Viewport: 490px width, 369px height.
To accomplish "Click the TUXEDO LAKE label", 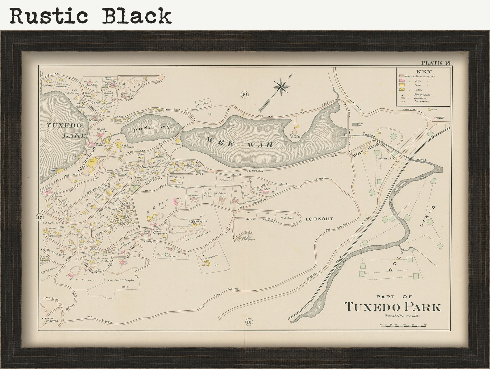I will click(64, 130).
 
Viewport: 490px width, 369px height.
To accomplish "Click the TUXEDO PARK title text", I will click(393, 307).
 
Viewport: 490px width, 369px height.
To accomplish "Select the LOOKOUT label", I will click(319, 219).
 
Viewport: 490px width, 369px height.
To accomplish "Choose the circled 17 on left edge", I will click(39, 217).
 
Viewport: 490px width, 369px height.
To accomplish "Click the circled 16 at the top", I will click(244, 94).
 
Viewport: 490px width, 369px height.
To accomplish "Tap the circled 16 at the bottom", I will click(249, 322).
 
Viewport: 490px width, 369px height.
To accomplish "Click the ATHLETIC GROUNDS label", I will click(50, 320).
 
